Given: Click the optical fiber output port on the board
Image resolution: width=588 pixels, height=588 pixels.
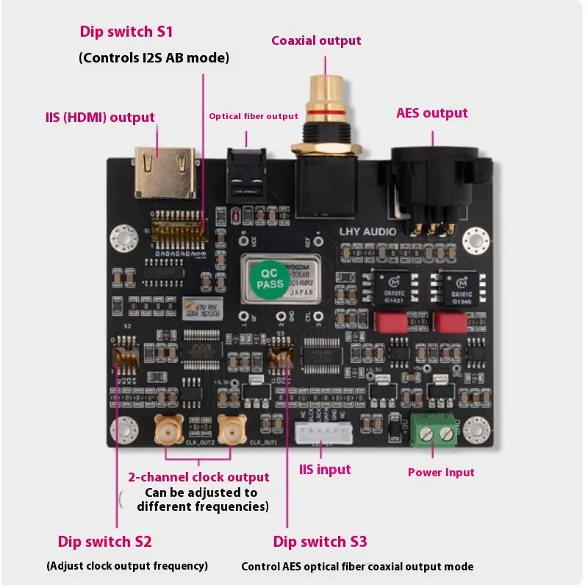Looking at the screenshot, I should tap(245, 174).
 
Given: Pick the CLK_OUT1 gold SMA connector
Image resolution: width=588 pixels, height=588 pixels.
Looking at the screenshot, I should tap(233, 429).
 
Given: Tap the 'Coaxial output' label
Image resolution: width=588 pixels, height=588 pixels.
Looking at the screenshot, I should tap(316, 40).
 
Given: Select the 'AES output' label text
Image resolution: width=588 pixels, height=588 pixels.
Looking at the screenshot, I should tap(431, 113).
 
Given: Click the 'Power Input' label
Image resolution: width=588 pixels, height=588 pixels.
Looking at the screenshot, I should tap(441, 473).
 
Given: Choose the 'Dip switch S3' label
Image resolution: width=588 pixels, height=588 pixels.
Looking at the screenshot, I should tap(320, 542).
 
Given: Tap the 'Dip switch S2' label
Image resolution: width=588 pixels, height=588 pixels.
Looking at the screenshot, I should tap(104, 542).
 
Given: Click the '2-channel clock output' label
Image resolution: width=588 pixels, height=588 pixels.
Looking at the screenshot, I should tap(198, 477).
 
